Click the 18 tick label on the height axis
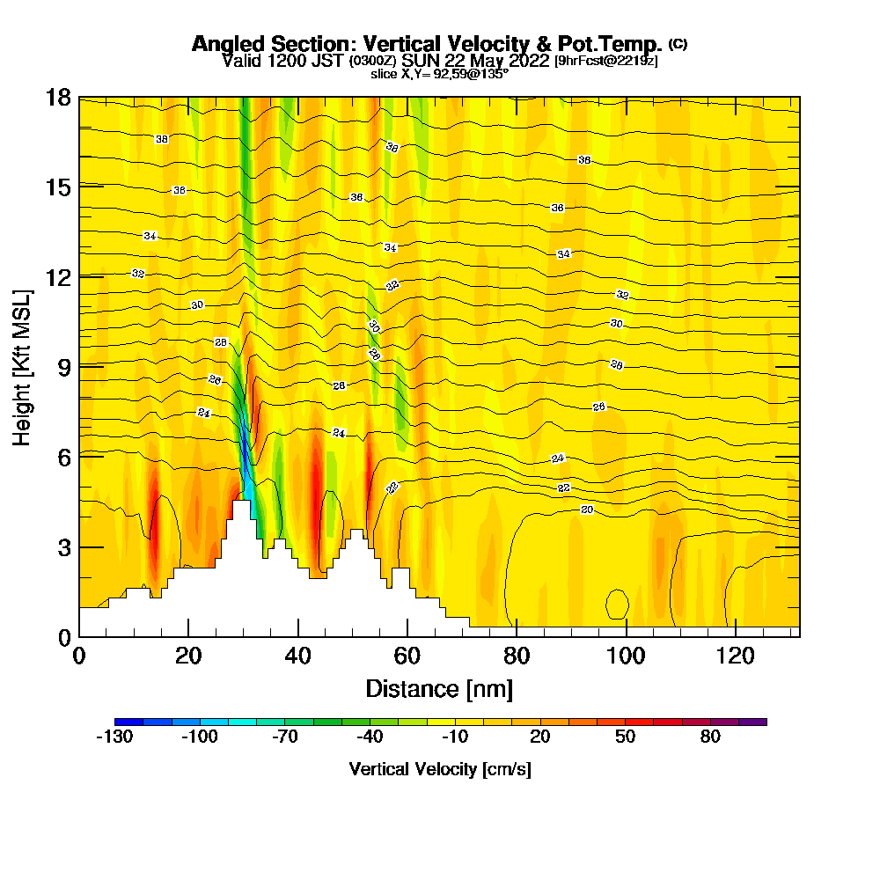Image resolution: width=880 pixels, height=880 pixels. [58, 97]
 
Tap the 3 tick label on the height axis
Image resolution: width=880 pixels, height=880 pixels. [63, 546]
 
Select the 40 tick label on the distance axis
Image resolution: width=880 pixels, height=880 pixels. [298, 656]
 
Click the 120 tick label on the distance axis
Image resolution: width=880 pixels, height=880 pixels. [736, 656]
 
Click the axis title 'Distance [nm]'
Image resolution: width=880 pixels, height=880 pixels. [439, 688]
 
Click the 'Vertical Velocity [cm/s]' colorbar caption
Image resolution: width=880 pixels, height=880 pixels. [440, 769]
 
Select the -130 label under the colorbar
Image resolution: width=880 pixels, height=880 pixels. [114, 737]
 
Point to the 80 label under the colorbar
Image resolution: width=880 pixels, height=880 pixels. [711, 737]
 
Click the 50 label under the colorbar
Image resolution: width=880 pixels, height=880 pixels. [626, 737]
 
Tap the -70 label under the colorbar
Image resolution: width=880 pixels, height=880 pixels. [284, 737]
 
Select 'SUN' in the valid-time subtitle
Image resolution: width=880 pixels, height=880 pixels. [424, 61]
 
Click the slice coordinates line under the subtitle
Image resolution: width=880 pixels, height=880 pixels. [439, 74]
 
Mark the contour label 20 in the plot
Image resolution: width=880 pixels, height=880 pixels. [587, 510]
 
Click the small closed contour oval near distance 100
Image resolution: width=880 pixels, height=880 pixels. [616, 605]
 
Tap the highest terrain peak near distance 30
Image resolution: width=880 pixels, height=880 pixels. [241, 503]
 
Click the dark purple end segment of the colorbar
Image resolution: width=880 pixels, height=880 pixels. [756, 722]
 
